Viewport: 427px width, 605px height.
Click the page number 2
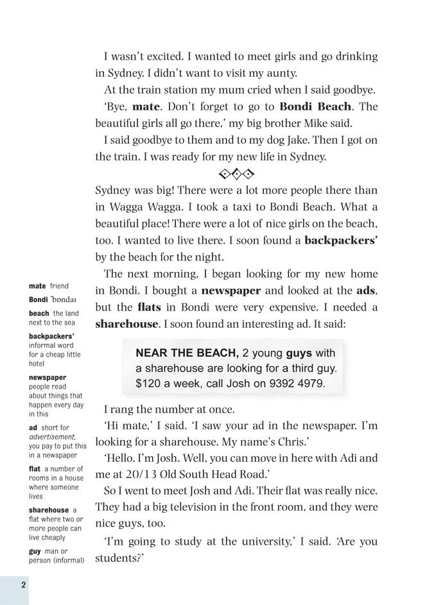(22, 584)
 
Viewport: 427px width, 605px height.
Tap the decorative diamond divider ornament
(236, 173)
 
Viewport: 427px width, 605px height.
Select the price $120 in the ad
(147, 384)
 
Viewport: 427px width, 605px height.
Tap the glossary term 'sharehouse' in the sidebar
(49, 510)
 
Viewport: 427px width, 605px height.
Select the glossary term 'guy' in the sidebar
(34, 551)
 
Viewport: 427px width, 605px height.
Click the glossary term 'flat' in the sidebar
(35, 469)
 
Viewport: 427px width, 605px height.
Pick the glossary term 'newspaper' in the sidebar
(48, 378)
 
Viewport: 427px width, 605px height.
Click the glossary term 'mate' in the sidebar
(37, 286)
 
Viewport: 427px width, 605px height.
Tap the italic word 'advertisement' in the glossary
(51, 437)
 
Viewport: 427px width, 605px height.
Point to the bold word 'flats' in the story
(149, 307)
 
